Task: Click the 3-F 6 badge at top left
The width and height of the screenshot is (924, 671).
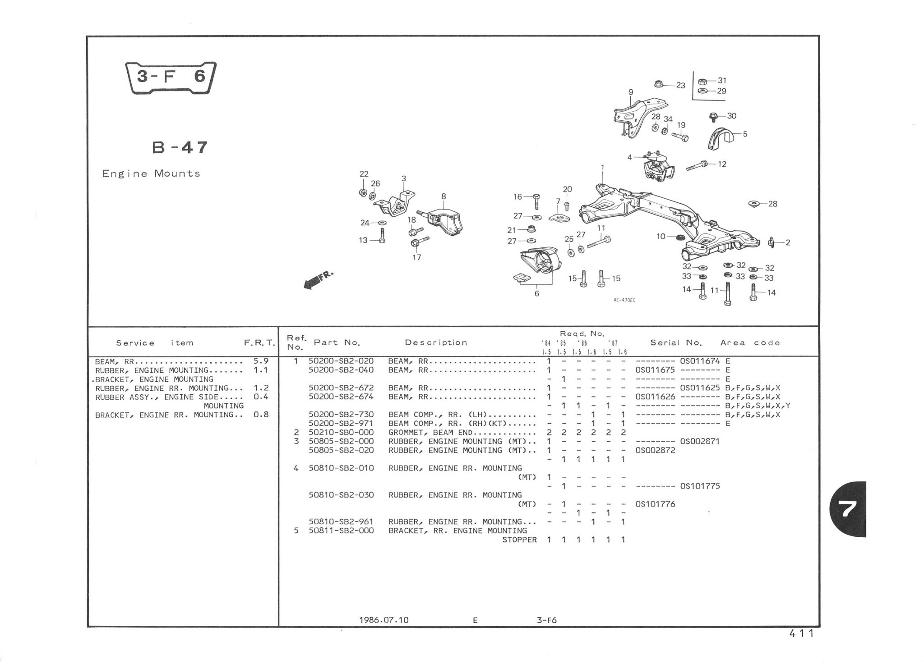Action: (171, 78)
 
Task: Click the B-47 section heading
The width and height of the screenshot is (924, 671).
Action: (180, 147)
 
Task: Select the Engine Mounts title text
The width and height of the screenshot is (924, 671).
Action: (151, 173)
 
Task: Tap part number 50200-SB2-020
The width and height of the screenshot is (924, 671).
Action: (341, 361)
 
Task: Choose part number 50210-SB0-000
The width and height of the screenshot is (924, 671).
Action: (341, 432)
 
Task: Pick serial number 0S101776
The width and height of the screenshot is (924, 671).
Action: (655, 504)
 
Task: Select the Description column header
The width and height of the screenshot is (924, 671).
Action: (436, 342)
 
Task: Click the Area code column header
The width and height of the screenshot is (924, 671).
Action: (750, 342)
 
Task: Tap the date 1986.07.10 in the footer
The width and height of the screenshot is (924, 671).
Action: (384, 620)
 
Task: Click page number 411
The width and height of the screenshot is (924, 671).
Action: (801, 634)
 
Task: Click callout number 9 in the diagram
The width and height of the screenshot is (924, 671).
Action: (631, 92)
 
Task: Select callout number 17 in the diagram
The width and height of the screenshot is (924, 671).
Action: (416, 257)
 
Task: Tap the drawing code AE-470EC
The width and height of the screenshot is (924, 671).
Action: (624, 300)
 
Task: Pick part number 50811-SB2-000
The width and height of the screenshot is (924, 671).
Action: (341, 530)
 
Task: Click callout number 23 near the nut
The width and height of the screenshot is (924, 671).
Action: (680, 85)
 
